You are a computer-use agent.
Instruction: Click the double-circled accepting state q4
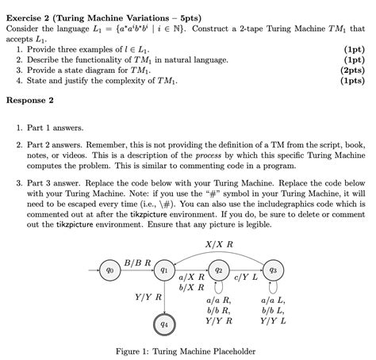(x=163, y=324)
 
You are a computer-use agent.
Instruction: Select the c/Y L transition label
(x=245, y=278)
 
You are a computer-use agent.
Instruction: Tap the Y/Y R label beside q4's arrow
(x=144, y=297)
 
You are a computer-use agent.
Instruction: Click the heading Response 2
(x=30, y=101)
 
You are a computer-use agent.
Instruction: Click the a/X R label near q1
(x=192, y=278)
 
